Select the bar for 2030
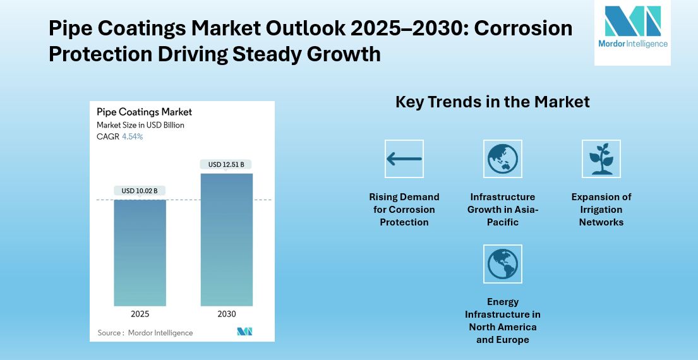click(x=226, y=240)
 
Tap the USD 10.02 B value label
click(x=140, y=191)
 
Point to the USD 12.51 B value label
click(x=226, y=165)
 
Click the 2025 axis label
click(x=140, y=314)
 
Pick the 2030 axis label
click(x=226, y=314)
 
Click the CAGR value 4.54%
click(x=132, y=136)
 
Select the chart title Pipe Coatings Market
click(x=144, y=112)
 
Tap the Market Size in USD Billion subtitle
click(x=140, y=125)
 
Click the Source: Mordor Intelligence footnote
click(x=145, y=333)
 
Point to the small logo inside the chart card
click(x=244, y=332)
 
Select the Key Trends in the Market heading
click(x=492, y=102)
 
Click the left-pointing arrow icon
click(x=404, y=159)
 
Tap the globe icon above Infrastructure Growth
click(x=503, y=159)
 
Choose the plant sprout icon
click(x=601, y=159)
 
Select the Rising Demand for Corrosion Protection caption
click(x=404, y=210)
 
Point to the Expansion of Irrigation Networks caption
click(x=601, y=210)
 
